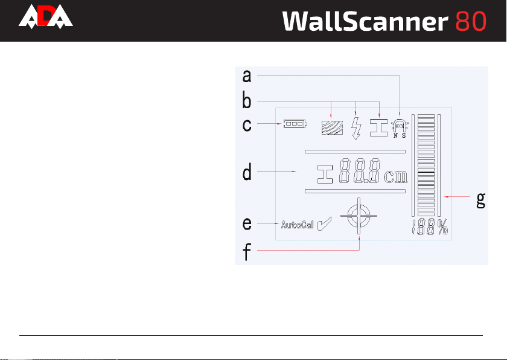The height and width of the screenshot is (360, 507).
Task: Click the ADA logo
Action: tap(45, 18)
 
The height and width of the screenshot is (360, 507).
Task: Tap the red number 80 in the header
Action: tap(471, 21)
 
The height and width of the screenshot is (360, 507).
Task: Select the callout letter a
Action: tap(246, 76)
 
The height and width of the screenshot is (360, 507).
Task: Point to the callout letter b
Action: tap(246, 100)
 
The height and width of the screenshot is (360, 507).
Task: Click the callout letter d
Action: tap(246, 173)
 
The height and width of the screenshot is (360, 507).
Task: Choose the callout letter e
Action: tap(246, 224)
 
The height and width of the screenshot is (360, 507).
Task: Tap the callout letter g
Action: tap(480, 200)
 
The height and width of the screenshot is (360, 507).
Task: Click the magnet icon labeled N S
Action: tap(399, 127)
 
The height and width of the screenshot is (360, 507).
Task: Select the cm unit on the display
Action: tap(395, 176)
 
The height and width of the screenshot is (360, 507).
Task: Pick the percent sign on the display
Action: tap(443, 228)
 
